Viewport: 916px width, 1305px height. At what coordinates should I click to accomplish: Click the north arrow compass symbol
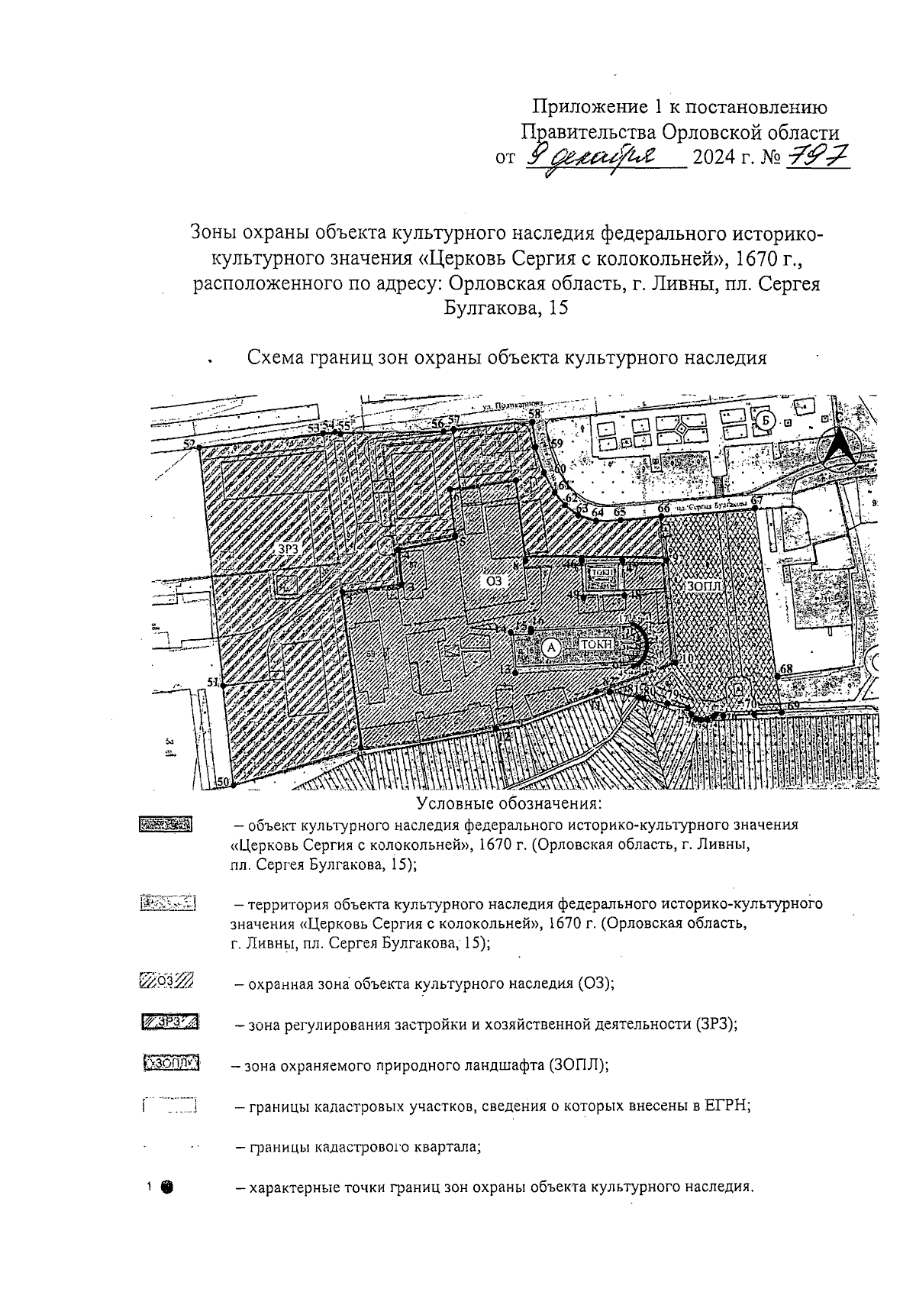[838, 448]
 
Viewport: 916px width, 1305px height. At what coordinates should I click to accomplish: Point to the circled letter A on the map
[551, 647]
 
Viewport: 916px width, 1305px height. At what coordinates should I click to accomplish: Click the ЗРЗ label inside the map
[288, 548]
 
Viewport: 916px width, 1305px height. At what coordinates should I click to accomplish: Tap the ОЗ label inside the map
[495, 580]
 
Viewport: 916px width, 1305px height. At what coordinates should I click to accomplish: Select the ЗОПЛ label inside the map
[704, 585]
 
